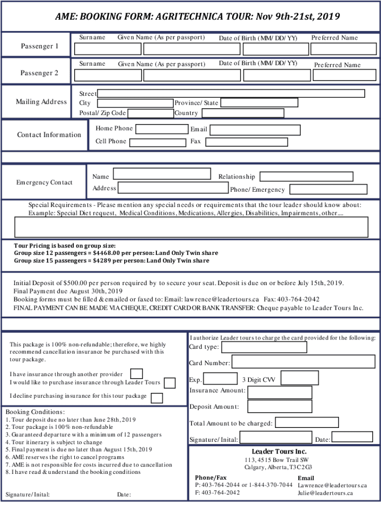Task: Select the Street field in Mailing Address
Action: coord(231,93)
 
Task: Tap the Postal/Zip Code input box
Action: coord(150,113)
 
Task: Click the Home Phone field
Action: coord(161,129)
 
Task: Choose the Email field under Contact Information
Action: coord(255,130)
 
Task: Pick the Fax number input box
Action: coord(246,142)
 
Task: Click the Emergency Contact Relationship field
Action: coord(306,176)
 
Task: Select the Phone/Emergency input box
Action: coord(328,189)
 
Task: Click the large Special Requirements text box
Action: coord(191,227)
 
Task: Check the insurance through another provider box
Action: coord(137,374)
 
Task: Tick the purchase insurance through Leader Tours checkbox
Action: coord(169,383)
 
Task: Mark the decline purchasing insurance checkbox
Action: coord(157,398)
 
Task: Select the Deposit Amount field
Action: coord(280,406)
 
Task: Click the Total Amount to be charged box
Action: coord(307,422)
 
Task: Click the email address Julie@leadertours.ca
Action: coord(325,493)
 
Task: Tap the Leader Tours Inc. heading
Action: coord(279,452)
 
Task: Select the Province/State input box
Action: coord(259,103)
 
